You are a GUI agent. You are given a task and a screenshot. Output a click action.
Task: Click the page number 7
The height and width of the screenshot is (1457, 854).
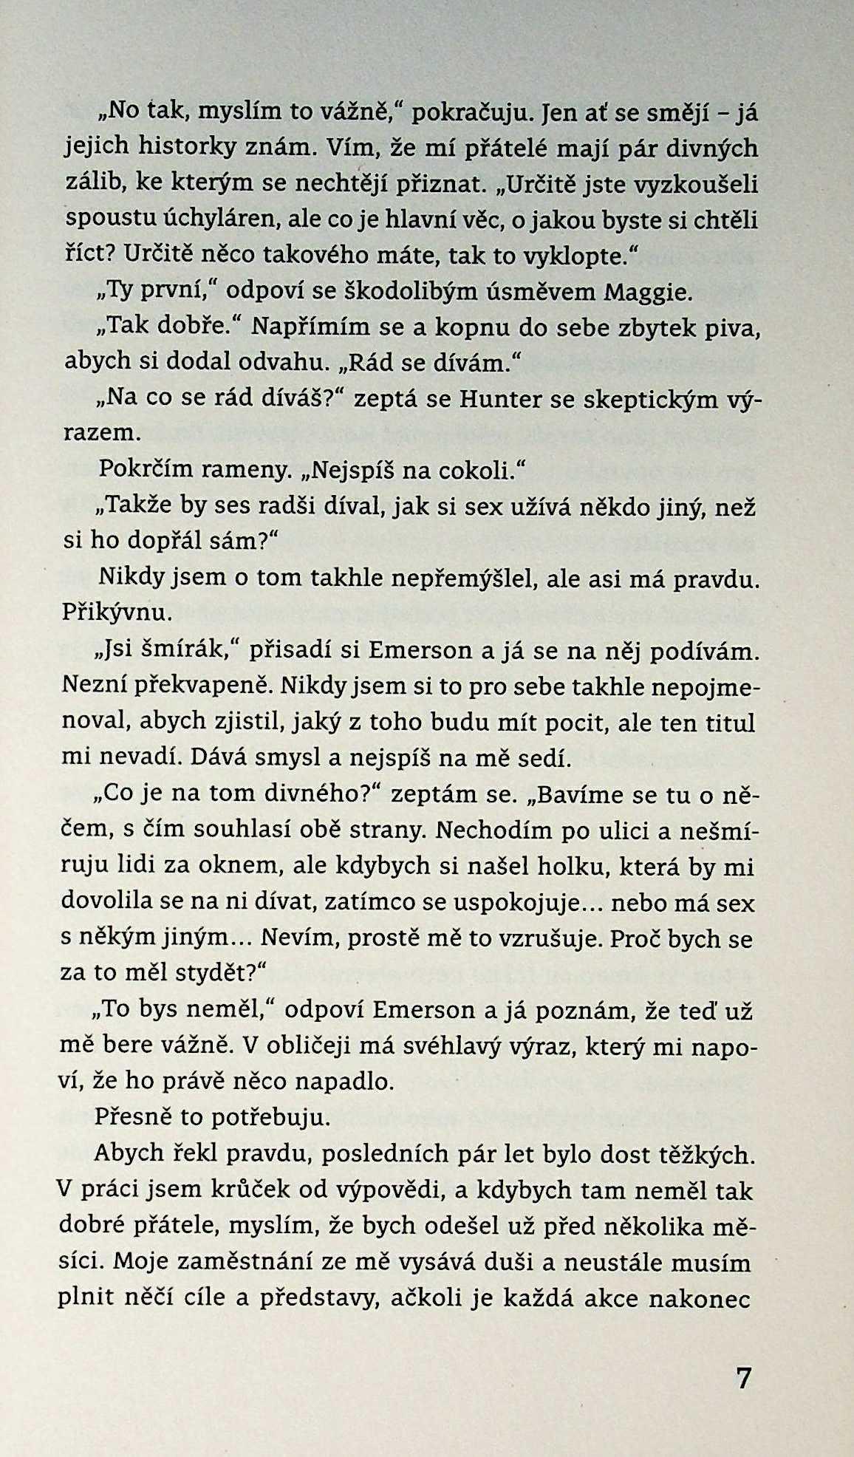tap(743, 1378)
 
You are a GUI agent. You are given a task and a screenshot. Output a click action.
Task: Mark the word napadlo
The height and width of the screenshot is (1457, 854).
tap(343, 1082)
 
